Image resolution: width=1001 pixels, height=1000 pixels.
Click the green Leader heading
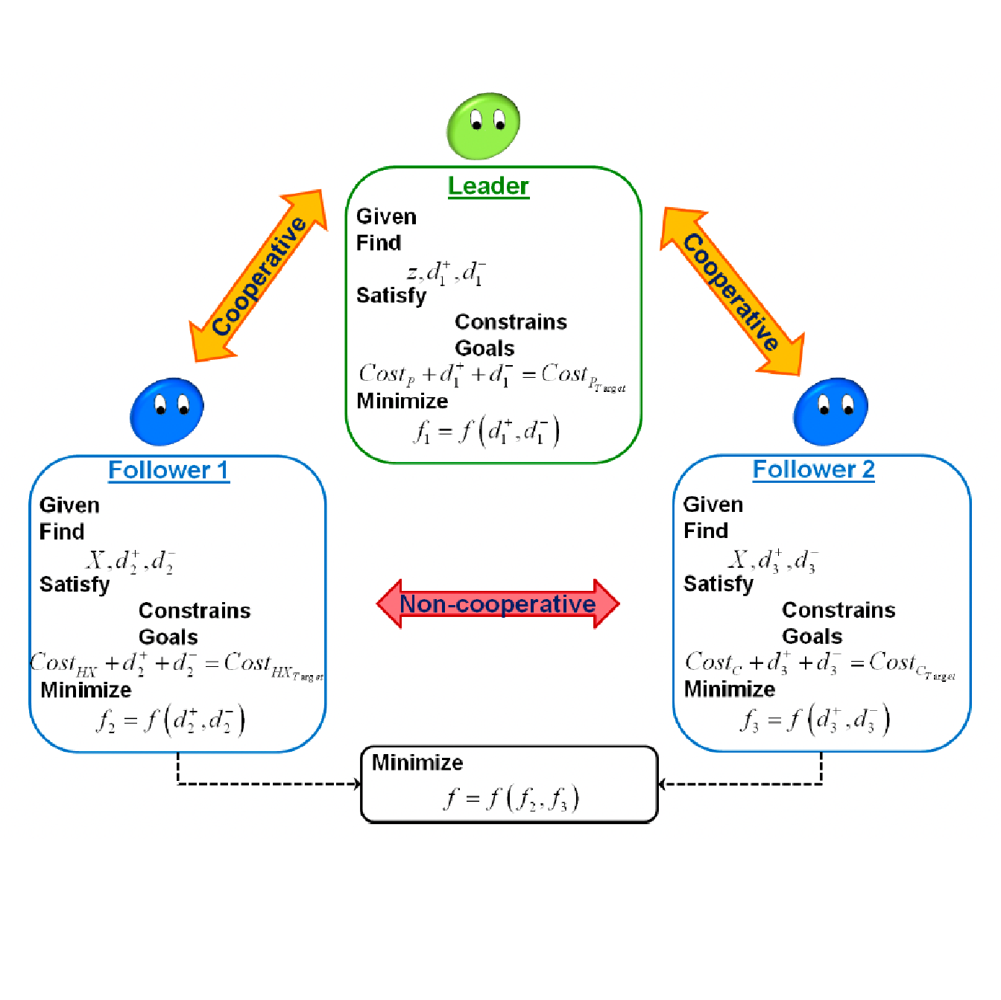pyautogui.click(x=488, y=186)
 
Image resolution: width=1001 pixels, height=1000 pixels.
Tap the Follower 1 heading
pyautogui.click(x=168, y=470)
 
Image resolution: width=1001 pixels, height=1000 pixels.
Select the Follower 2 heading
pyautogui.click(x=813, y=469)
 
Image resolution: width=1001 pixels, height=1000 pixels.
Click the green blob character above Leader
pyautogui.click(x=483, y=125)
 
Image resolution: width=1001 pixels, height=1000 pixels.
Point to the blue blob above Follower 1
pyautogui.click(x=167, y=411)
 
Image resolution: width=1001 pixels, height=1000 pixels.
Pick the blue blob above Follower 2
pyautogui.click(x=830, y=411)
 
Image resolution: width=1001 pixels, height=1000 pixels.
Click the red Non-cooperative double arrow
pyautogui.click(x=497, y=604)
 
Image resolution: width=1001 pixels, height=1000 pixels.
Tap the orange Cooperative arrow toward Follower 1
pyautogui.click(x=259, y=276)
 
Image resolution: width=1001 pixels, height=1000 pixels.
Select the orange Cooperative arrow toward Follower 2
pyautogui.click(x=732, y=291)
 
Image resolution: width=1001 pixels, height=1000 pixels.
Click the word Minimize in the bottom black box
pyautogui.click(x=417, y=762)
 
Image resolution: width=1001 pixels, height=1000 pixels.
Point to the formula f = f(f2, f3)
pyautogui.click(x=511, y=798)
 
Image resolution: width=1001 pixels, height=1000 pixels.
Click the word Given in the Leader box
pyautogui.click(x=386, y=217)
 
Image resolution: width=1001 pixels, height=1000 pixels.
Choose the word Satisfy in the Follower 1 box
pyautogui.click(x=75, y=584)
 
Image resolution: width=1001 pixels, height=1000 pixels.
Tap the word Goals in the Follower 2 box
pyautogui.click(x=812, y=636)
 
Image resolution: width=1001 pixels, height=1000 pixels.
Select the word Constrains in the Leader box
pyautogui.click(x=511, y=322)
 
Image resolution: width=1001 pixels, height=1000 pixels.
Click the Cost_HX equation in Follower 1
pyautogui.click(x=177, y=664)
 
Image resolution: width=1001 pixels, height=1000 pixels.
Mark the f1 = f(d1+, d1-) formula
pyautogui.click(x=487, y=431)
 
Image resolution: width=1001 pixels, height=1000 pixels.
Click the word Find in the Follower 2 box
pyautogui.click(x=706, y=531)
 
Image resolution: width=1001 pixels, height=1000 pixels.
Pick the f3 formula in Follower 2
pyautogui.click(x=815, y=719)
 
